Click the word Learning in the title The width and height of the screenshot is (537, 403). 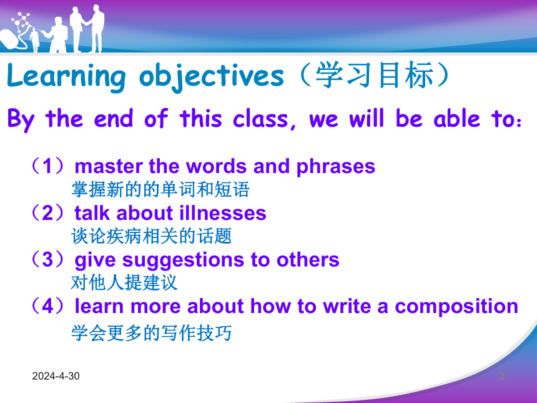coord(66,76)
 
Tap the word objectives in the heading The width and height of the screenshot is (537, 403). coord(212,76)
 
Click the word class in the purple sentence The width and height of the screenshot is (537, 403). coord(261,119)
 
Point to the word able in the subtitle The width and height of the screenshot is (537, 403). coord(457,118)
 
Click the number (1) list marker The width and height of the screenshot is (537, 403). coord(47,166)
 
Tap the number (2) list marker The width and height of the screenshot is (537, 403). coord(47,213)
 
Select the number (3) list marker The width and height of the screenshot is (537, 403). coord(47,259)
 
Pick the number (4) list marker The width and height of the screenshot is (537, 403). coord(47,306)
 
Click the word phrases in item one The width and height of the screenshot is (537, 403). coord(336,167)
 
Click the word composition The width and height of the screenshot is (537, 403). coord(456,307)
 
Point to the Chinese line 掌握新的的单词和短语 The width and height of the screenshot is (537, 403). coord(160,189)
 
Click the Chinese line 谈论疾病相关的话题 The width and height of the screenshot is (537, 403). coord(151,236)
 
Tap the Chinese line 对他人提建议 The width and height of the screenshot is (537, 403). coord(124,282)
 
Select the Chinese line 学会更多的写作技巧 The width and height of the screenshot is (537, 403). coord(151,333)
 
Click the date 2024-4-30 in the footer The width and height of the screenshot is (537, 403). coord(56,376)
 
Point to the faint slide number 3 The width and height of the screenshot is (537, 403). coord(502,376)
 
